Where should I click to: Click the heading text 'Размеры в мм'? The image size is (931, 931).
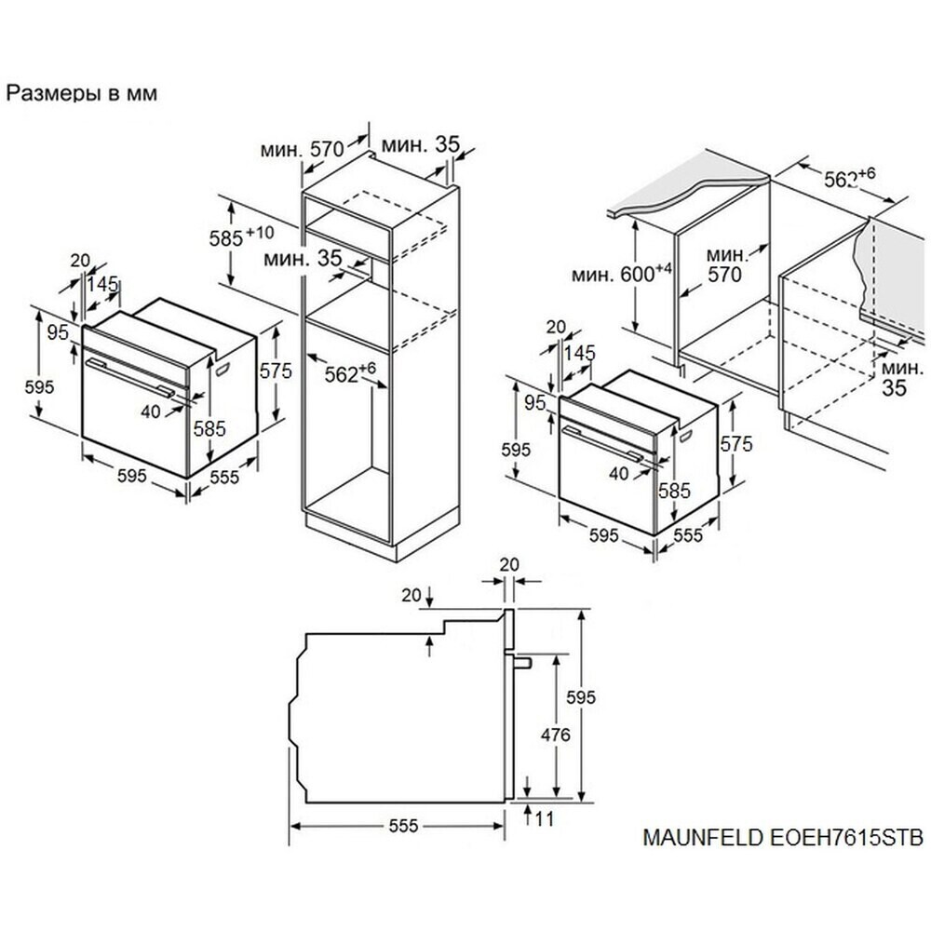(x=82, y=93)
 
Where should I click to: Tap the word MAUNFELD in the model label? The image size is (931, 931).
(x=704, y=837)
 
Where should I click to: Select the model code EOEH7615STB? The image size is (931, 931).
(x=846, y=837)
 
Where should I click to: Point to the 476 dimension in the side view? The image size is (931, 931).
(x=555, y=735)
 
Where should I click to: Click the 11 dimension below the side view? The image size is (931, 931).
(x=544, y=819)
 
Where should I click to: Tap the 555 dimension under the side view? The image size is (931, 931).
(x=404, y=826)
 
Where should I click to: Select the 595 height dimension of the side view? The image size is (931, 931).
(x=580, y=697)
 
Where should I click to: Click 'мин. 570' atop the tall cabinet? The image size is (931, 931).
(x=303, y=148)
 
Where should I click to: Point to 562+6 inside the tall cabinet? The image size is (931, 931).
(x=350, y=373)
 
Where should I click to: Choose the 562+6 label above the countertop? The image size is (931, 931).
(x=850, y=177)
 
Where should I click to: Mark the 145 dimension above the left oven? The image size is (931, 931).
(x=102, y=284)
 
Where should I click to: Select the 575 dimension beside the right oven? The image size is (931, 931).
(x=736, y=443)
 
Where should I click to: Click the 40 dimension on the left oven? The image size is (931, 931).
(x=151, y=411)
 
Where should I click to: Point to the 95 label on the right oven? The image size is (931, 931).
(x=535, y=402)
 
